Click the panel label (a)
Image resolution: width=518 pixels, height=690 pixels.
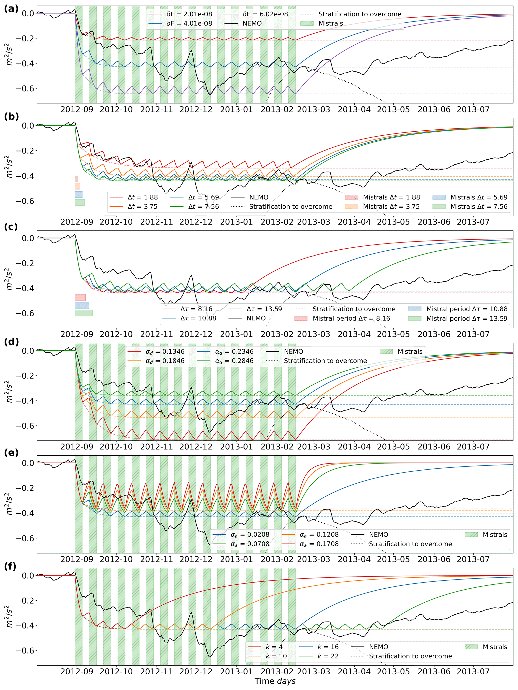[x=11, y=9]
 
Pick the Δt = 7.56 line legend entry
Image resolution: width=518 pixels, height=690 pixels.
[x=203, y=207]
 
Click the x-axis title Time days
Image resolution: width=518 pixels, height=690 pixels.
[x=275, y=681]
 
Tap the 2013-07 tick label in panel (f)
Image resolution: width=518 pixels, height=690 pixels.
[x=473, y=671]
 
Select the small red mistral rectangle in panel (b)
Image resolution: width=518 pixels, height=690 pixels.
[x=76, y=179]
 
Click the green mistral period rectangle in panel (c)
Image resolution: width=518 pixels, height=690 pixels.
[x=84, y=313]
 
